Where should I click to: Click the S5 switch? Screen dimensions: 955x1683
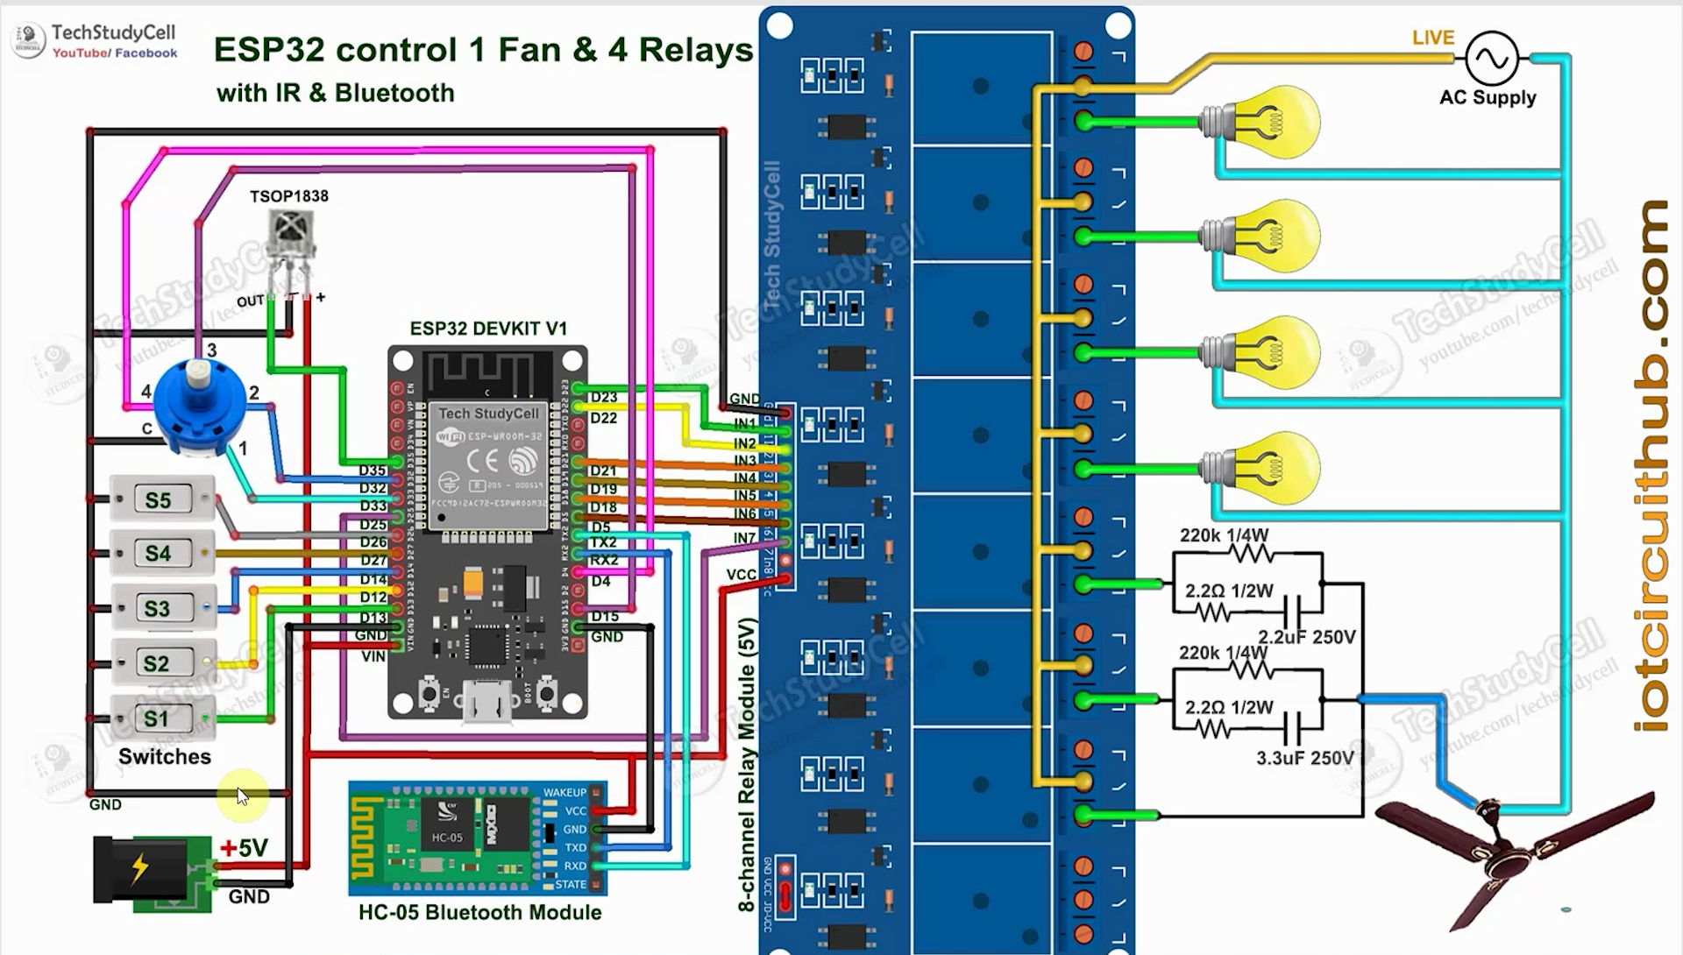click(161, 500)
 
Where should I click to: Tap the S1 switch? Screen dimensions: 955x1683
click(160, 719)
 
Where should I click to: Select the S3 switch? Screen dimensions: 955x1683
click(161, 608)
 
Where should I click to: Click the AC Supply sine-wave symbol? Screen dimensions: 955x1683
click(1491, 59)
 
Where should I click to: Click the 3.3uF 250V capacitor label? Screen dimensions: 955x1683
click(1304, 758)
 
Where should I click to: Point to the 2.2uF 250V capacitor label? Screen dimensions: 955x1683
click(1306, 637)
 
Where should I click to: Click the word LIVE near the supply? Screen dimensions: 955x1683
click(1433, 38)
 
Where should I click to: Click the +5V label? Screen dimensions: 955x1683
click(244, 848)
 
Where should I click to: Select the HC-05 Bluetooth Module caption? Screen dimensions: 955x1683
click(479, 913)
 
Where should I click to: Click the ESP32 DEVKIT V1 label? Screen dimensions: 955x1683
click(488, 329)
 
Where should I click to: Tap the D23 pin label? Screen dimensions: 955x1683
click(603, 397)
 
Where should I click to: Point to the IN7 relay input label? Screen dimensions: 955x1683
click(744, 537)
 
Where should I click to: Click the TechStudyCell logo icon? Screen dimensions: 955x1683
click(29, 39)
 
